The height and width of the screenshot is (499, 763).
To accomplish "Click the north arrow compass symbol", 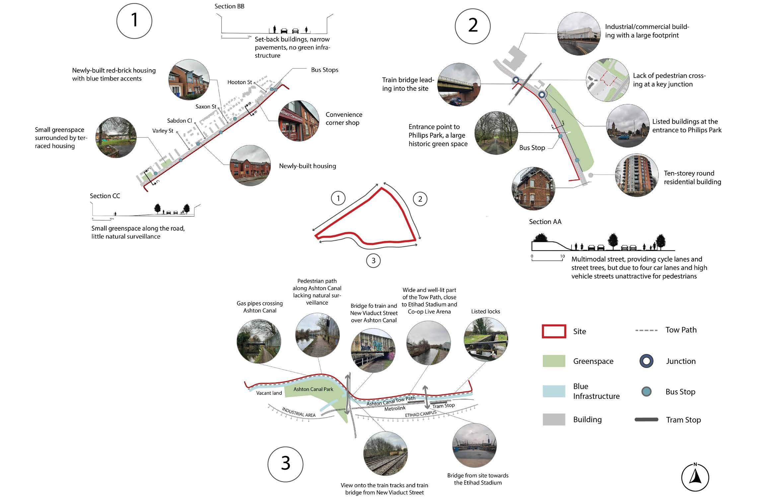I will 695,477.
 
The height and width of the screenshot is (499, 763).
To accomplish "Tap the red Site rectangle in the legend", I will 554,331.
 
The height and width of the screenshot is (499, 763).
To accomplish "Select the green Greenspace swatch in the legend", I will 554,361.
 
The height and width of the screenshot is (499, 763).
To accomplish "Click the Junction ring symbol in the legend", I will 646,361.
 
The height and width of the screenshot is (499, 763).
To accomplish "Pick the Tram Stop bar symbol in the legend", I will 646,420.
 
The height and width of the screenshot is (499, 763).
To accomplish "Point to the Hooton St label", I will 240,82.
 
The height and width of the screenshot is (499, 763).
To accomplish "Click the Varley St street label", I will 163,131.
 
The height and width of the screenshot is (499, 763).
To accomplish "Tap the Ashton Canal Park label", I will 313,389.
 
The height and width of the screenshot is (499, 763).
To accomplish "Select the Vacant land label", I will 269,393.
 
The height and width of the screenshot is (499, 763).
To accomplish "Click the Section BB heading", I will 229,6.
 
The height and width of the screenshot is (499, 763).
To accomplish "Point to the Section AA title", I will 545,222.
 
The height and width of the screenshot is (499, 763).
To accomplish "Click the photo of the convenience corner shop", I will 298,121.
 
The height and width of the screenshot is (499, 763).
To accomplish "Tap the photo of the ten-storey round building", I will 636,175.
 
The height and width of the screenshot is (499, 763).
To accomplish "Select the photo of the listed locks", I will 485,339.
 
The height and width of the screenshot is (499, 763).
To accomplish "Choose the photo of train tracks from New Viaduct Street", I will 385,453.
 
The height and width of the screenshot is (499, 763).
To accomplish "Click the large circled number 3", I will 285,464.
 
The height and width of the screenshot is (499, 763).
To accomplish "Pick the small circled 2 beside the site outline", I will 420,199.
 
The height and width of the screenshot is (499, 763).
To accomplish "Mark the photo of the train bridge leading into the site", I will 459,85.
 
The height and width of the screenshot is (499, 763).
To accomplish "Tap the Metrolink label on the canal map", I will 395,408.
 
